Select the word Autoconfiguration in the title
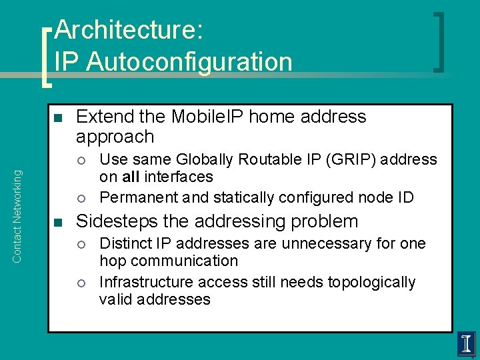[189, 61]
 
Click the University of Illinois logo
[466, 344]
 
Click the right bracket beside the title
[438, 41]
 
